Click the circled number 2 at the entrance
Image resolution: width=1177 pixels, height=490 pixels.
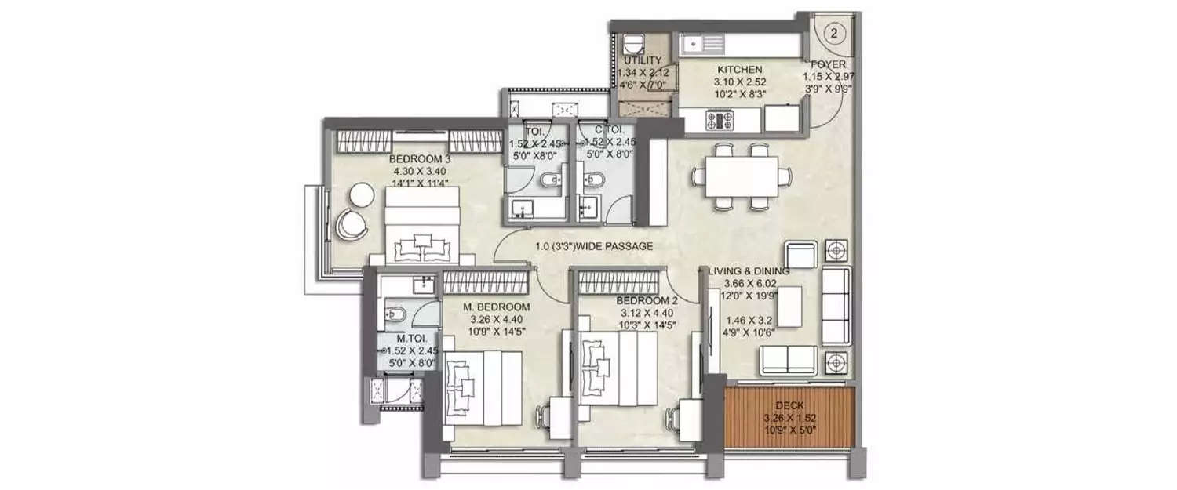(x=833, y=33)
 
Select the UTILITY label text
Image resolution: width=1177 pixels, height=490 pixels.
(x=643, y=60)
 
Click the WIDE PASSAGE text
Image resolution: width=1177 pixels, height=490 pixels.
(x=594, y=246)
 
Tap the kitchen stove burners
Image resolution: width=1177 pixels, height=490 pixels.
(x=720, y=121)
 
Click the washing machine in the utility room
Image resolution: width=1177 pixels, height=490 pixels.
(x=634, y=44)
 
